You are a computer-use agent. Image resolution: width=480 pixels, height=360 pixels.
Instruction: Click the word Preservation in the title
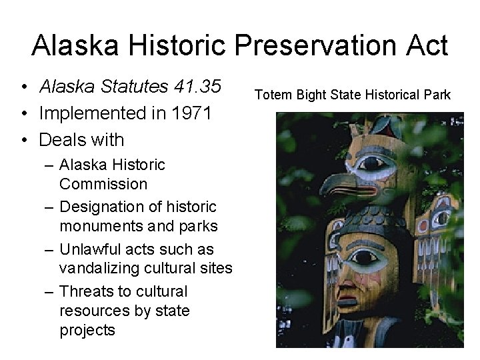tap(298, 46)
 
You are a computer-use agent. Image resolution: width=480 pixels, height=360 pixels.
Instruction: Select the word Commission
tap(103, 183)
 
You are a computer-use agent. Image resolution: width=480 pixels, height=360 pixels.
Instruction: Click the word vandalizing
tap(103, 268)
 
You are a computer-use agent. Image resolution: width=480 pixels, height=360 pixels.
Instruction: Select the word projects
tap(87, 330)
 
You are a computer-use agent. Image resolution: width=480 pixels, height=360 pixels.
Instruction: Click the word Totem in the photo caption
tap(274, 95)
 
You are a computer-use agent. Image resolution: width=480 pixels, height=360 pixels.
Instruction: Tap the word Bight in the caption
tap(311, 95)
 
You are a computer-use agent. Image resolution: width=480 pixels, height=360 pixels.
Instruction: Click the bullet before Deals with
tap(23, 140)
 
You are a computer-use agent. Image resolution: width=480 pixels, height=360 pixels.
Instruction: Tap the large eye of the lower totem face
tap(365, 258)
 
